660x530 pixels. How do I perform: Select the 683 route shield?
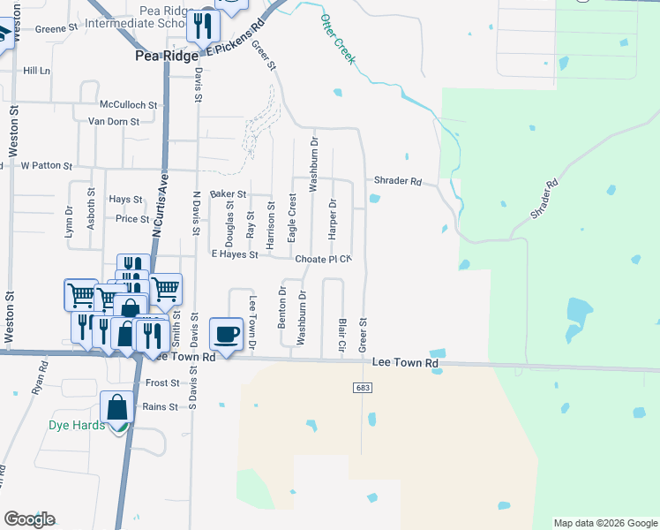tap(363, 388)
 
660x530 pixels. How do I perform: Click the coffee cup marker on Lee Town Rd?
tap(227, 334)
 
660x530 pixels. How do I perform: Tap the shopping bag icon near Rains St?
tap(116, 407)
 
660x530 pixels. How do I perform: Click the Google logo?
tap(29, 519)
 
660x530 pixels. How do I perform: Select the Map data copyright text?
tap(604, 523)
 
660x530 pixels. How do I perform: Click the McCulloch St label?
tap(128, 104)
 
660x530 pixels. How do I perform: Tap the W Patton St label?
tap(46, 165)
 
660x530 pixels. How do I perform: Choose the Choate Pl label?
tap(318, 260)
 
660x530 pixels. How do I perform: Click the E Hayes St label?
tap(235, 254)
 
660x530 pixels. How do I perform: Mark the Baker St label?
tap(227, 193)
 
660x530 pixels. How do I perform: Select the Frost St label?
tap(162, 382)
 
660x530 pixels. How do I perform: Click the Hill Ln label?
tap(37, 70)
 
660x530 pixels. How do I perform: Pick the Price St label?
tap(132, 218)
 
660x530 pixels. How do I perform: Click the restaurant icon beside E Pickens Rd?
tap(203, 27)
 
